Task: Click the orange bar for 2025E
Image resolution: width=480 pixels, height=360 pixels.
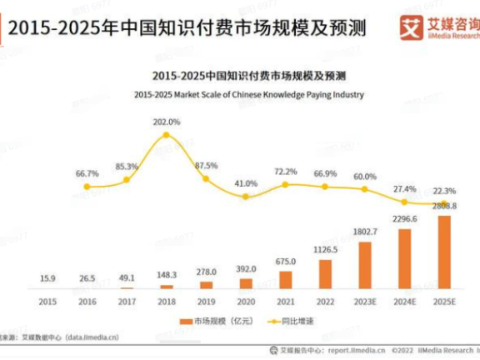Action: coord(444,252)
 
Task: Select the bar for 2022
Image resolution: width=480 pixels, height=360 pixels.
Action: coord(325,273)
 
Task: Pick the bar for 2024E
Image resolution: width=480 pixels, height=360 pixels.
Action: coord(405,257)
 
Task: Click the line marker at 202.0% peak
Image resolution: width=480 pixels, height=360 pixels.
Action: coord(167,134)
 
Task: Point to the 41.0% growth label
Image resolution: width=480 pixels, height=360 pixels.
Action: coord(246,183)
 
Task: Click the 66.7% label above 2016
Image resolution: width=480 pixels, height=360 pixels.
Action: coord(87,173)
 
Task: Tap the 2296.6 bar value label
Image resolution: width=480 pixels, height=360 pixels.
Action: coord(405,218)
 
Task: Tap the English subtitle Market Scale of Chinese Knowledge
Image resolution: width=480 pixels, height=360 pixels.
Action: coord(248,94)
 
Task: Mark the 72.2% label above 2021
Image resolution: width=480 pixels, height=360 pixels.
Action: coord(286,171)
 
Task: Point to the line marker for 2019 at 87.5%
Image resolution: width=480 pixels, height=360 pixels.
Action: coord(206,177)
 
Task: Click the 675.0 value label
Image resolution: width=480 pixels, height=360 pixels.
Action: coord(286,262)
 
